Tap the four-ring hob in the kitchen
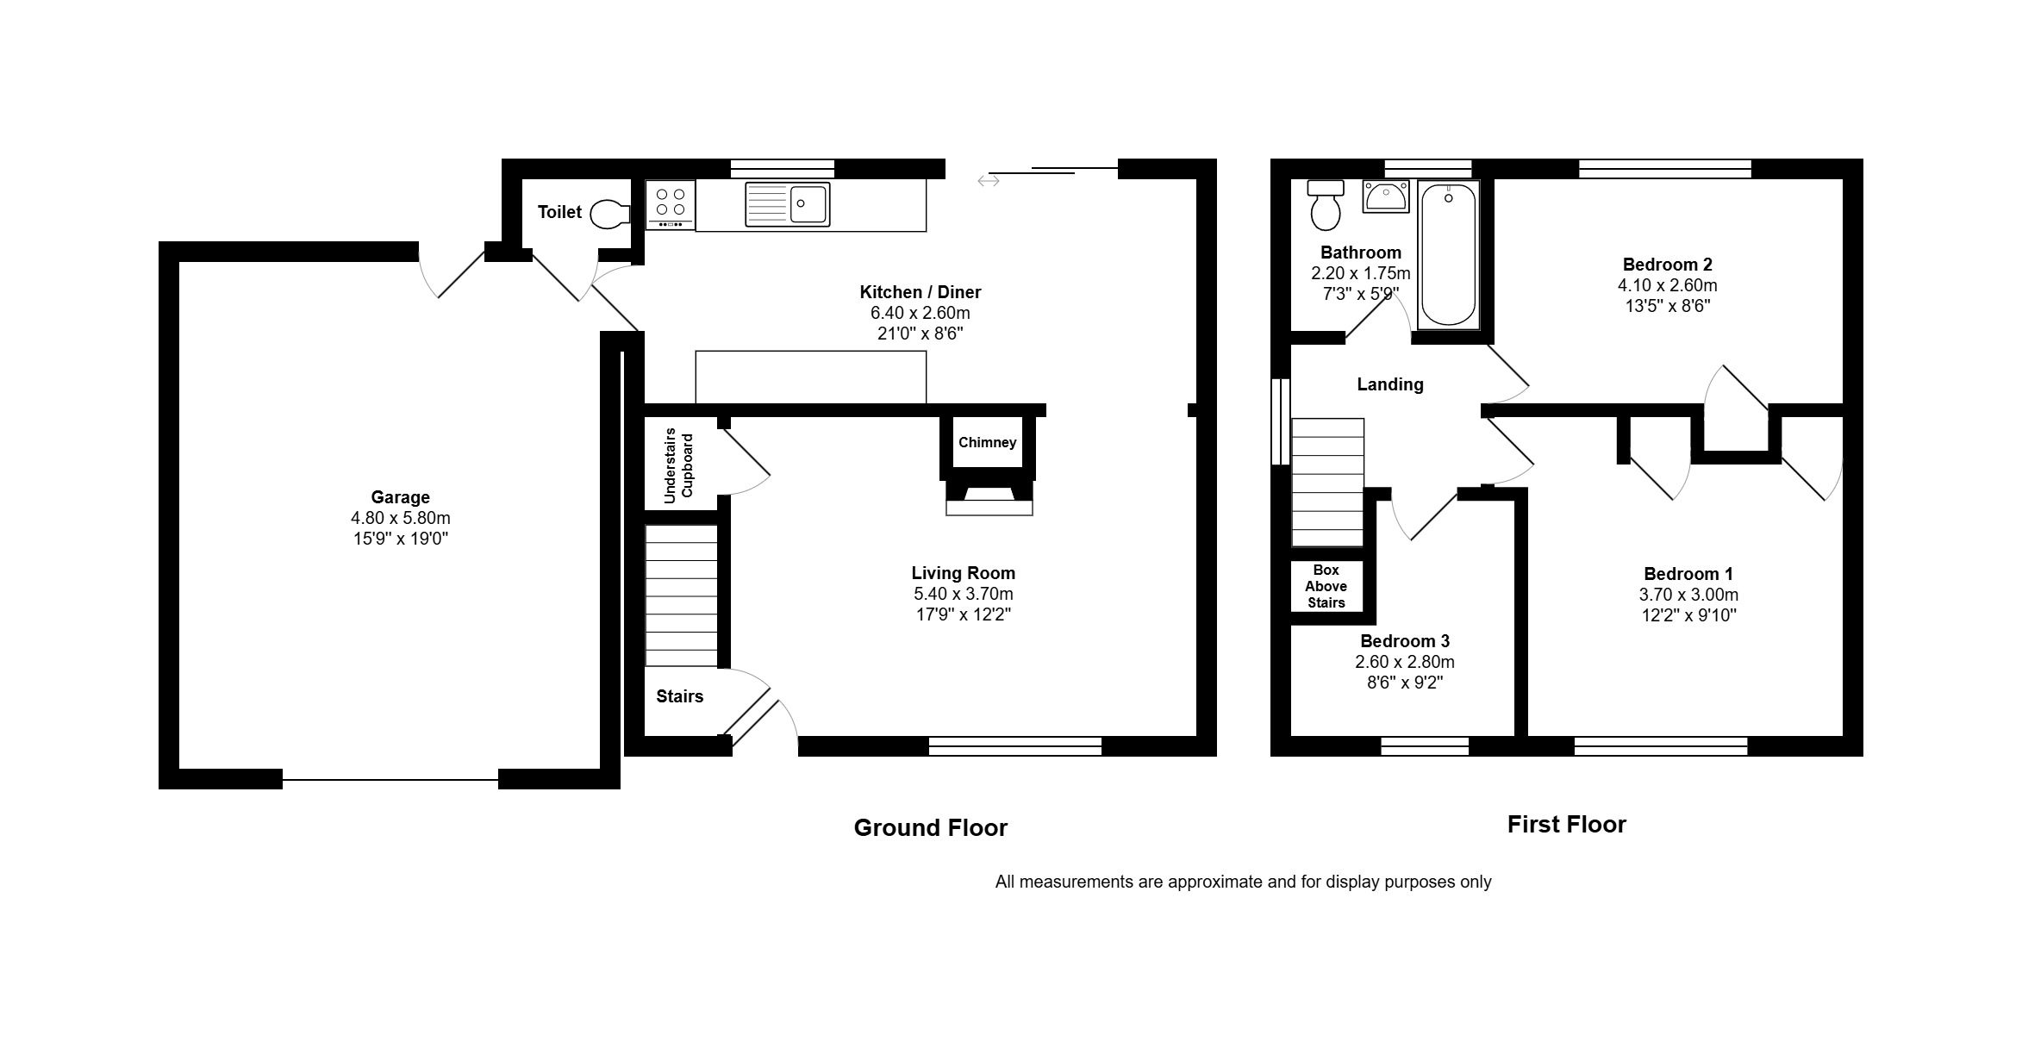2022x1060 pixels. click(x=670, y=205)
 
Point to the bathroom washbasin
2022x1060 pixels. click(x=1385, y=196)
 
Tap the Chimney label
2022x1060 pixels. click(x=987, y=442)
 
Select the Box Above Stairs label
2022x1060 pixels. click(x=1326, y=586)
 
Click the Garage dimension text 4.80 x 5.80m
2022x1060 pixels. click(x=400, y=518)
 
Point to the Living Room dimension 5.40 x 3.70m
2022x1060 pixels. click(x=963, y=594)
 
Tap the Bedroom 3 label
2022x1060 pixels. click(x=1405, y=641)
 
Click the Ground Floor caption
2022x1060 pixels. click(x=930, y=828)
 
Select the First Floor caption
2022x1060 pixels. click(x=1566, y=825)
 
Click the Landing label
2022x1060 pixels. click(x=1389, y=384)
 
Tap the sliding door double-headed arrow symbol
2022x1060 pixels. click(x=988, y=180)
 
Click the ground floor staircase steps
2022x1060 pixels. click(x=681, y=595)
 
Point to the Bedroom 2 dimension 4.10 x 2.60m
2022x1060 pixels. click(x=1667, y=285)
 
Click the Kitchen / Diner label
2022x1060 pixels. click(x=920, y=292)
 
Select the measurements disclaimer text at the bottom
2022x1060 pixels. click(x=1243, y=882)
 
